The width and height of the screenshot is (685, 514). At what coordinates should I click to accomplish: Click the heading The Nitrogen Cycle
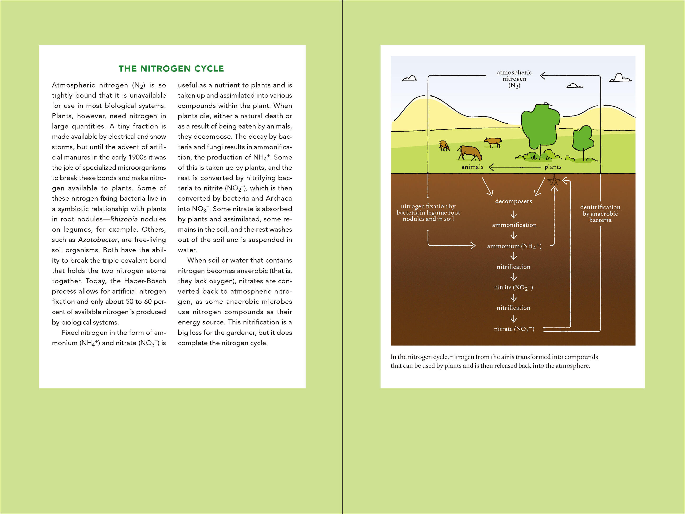(x=171, y=69)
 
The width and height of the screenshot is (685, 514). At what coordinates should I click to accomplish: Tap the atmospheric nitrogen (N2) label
(x=514, y=79)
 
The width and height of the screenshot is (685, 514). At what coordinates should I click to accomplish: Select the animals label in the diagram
(x=472, y=167)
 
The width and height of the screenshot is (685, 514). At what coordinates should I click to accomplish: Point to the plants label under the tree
(x=553, y=167)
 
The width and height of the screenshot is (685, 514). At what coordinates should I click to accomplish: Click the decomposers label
(x=513, y=201)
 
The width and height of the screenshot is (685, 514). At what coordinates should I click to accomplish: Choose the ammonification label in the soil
(x=514, y=225)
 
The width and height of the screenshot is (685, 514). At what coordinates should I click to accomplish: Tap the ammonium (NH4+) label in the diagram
(x=514, y=246)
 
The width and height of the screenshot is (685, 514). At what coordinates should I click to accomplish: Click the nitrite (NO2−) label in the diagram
(x=513, y=288)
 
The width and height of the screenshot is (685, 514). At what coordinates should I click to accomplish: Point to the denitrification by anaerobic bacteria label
(x=600, y=214)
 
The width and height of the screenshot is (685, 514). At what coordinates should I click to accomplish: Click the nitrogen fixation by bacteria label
(x=428, y=212)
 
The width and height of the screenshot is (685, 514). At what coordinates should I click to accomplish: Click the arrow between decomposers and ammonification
(x=514, y=214)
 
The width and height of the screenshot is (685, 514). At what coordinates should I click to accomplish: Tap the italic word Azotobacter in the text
(x=98, y=240)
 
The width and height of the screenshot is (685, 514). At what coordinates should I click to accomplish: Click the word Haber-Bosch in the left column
(x=145, y=281)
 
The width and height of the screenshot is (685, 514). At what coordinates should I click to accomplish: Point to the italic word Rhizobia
(x=124, y=219)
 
